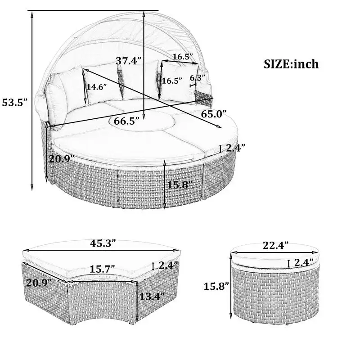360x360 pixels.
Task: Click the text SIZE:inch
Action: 291,64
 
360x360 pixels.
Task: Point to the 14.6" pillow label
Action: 96,87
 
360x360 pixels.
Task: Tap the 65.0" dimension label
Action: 214,114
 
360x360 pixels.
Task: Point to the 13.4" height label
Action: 152,297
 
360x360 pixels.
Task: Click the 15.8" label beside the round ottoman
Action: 216,286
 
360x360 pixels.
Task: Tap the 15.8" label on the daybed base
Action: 180,185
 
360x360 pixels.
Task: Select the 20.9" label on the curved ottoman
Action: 39,283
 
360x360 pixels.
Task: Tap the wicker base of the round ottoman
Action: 275,295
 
